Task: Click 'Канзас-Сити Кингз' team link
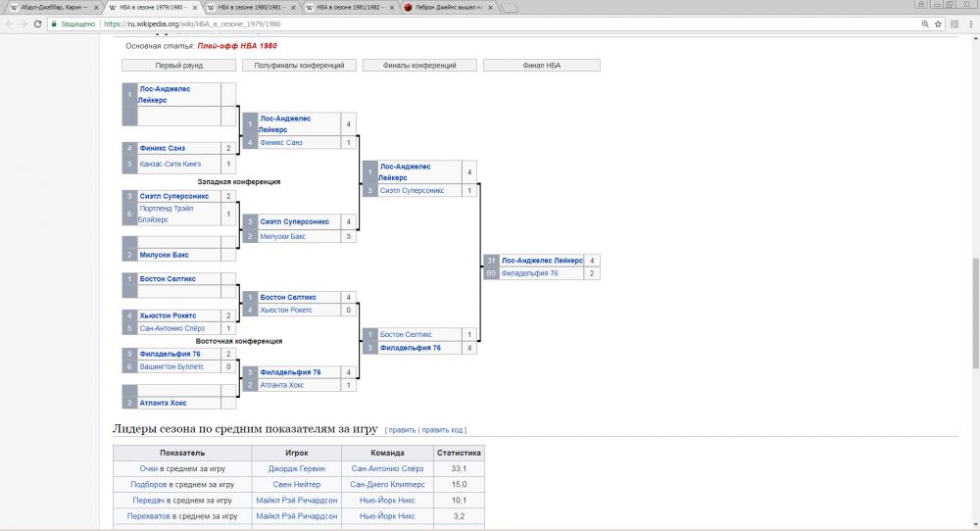point(170,165)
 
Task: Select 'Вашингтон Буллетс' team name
point(171,366)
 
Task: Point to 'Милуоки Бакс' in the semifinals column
point(283,236)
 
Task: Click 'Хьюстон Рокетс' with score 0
point(285,310)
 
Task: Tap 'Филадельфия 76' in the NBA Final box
point(529,273)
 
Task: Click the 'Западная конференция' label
point(239,181)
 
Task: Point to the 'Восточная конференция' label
point(239,341)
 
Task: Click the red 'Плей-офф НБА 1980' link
point(236,46)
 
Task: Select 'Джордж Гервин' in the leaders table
point(296,468)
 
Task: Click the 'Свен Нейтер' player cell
point(296,484)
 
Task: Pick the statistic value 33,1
point(459,468)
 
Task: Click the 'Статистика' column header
point(459,454)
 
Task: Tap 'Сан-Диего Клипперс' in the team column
point(387,484)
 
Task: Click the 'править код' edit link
point(443,429)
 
